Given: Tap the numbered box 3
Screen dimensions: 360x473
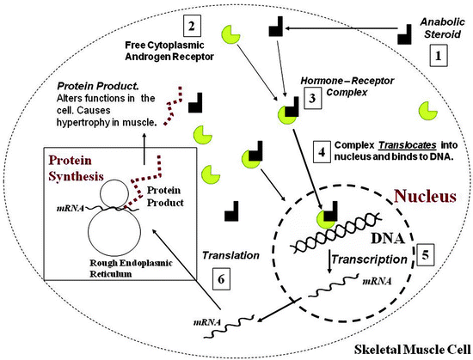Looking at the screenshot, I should pyautogui.click(x=313, y=98).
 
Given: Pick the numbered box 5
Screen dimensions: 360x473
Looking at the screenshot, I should pyautogui.click(x=427, y=254).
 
